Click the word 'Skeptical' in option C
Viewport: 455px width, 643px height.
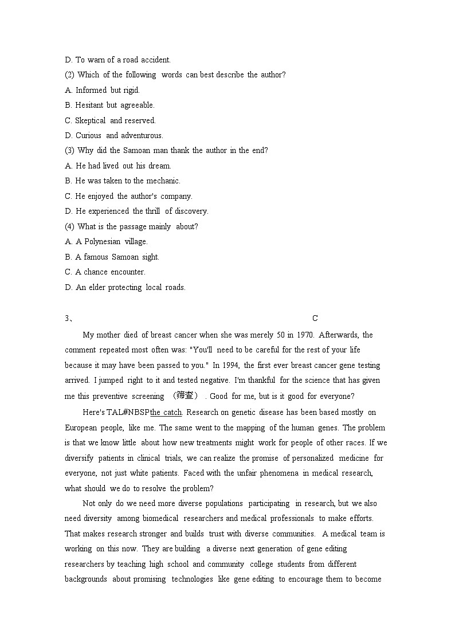pyautogui.click(x=91, y=120)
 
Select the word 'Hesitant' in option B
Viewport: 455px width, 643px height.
pyautogui.click(x=89, y=105)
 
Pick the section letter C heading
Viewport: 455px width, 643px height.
pyautogui.click(x=315, y=319)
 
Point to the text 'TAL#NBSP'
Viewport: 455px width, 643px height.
pyautogui.click(x=128, y=413)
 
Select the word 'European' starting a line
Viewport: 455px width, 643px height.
pyautogui.click(x=81, y=428)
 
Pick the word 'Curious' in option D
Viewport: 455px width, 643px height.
pyautogui.click(x=89, y=136)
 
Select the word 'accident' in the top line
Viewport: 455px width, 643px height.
pyautogui.click(x=155, y=60)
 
